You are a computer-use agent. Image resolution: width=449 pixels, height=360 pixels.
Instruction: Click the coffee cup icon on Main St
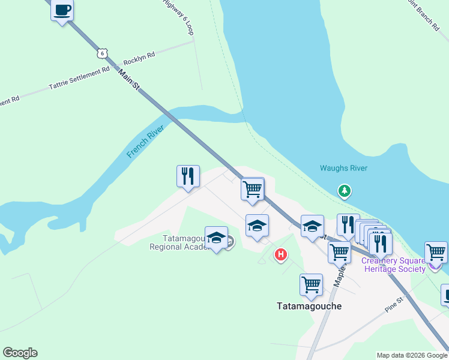click(x=62, y=10)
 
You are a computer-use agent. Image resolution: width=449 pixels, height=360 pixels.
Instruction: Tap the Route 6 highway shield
click(x=103, y=53)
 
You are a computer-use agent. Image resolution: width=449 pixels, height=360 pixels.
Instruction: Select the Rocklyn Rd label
click(x=139, y=58)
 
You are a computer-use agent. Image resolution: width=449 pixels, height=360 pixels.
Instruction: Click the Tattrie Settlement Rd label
click(x=79, y=78)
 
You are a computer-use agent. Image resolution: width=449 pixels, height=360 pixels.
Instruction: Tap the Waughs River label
click(x=343, y=169)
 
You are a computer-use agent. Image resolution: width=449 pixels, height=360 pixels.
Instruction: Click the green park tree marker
click(x=345, y=191)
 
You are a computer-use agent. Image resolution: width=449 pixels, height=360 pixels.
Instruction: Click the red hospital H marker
click(x=280, y=255)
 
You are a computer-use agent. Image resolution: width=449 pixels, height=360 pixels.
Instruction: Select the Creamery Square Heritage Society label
click(x=393, y=265)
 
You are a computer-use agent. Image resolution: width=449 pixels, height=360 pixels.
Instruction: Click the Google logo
click(x=20, y=353)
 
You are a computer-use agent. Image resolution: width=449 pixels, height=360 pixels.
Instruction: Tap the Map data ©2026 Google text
click(x=412, y=355)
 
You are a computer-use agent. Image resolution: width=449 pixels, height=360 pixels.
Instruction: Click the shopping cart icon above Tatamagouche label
click(x=311, y=285)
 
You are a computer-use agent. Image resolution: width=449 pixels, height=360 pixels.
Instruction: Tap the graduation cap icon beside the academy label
click(x=216, y=238)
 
